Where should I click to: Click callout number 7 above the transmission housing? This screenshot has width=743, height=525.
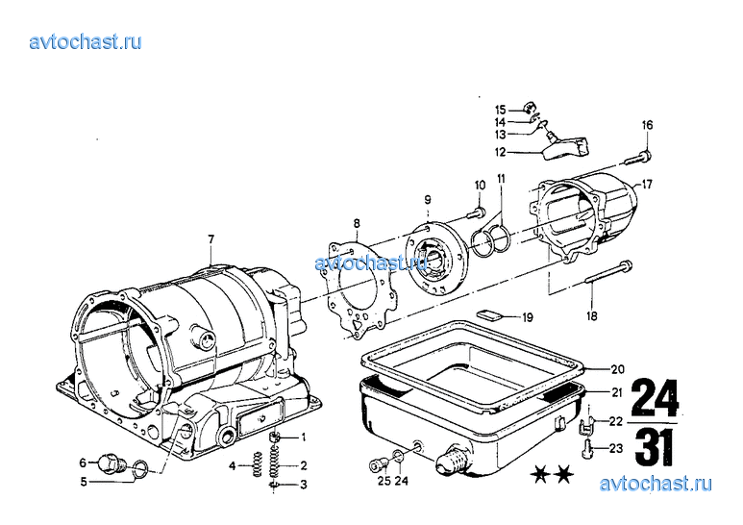point(211,237)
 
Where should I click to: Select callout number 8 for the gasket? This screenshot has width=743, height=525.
point(356,223)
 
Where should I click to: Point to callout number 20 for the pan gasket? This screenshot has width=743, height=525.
point(617,369)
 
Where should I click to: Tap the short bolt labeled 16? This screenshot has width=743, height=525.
point(638,156)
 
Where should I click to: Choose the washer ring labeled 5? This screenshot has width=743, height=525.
point(139,469)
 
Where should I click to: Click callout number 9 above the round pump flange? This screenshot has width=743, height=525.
point(427,199)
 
